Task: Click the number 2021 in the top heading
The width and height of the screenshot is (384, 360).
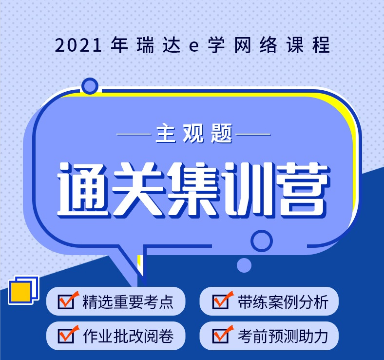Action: click(78, 45)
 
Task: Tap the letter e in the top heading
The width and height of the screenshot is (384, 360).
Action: click(194, 46)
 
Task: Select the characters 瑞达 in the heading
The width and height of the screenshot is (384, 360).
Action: click(158, 45)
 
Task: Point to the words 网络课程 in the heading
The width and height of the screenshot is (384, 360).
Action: click(282, 45)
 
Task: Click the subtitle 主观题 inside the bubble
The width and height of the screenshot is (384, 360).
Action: click(194, 134)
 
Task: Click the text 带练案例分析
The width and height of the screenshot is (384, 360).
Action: click(283, 302)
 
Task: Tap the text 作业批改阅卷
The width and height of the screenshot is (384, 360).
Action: click(128, 336)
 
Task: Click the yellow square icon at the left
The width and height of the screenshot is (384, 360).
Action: click(20, 293)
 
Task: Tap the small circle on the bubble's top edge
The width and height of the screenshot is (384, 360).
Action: click(90, 86)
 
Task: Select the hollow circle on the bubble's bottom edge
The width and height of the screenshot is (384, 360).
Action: click(262, 241)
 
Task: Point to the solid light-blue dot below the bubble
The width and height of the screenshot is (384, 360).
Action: click(244, 265)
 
